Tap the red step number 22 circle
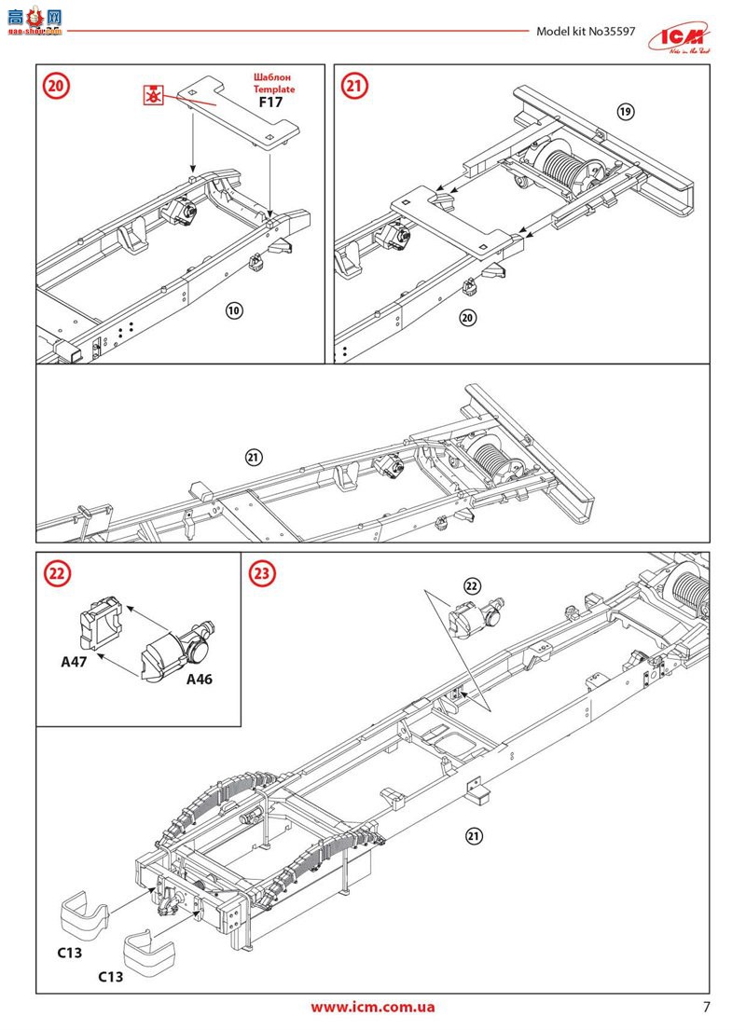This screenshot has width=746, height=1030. click(57, 574)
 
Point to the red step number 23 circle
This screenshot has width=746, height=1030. click(262, 574)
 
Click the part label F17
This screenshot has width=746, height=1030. click(271, 103)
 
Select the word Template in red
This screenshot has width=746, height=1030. click(272, 89)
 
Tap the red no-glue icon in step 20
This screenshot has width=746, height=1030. click(151, 93)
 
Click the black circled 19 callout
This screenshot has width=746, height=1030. click(625, 112)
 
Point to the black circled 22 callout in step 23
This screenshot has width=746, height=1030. click(472, 585)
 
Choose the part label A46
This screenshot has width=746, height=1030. click(199, 680)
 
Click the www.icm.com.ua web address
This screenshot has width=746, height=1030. click(373, 1007)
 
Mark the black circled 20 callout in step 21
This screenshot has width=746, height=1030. click(468, 318)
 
